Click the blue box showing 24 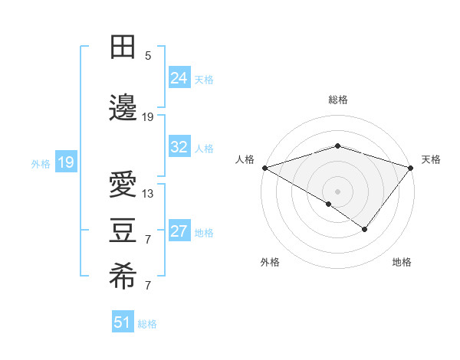(179, 78)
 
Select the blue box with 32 (179, 147)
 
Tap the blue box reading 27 (179, 231)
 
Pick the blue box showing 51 (123, 322)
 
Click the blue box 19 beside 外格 (65, 162)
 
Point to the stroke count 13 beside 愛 (148, 194)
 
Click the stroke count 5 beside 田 (148, 55)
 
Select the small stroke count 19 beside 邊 (148, 117)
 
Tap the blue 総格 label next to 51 (147, 324)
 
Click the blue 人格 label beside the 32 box (204, 148)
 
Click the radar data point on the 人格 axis (264, 168)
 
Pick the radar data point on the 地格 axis (365, 229)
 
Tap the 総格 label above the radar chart (338, 100)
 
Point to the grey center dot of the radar (338, 191)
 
